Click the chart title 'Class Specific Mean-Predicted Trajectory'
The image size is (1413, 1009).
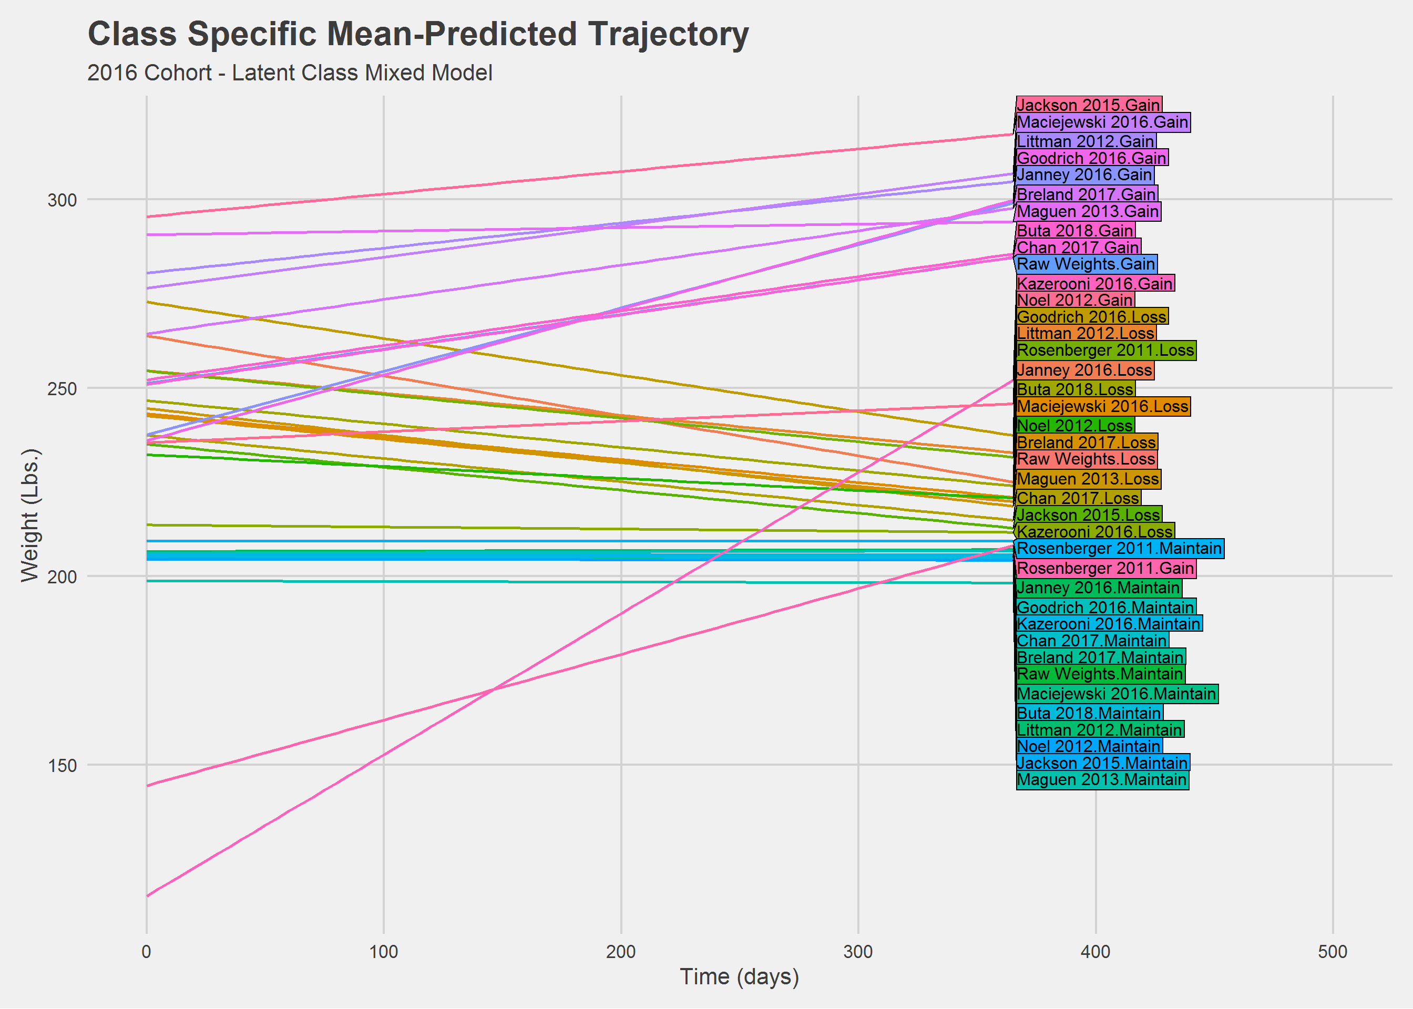(418, 34)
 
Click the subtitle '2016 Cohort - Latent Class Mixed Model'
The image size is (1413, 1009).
(290, 74)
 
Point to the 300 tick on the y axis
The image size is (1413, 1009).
(62, 200)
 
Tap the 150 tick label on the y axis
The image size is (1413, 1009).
(62, 766)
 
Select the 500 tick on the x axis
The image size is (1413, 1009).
(1333, 952)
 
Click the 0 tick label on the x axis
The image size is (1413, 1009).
(147, 952)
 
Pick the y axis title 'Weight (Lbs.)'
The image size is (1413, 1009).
(30, 516)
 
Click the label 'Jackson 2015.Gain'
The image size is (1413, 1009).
(1089, 105)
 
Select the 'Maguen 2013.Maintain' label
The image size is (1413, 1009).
(1102, 780)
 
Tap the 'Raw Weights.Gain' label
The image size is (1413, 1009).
(1087, 264)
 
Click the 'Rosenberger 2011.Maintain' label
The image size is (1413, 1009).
(1120, 549)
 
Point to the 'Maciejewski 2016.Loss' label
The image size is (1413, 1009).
(1103, 407)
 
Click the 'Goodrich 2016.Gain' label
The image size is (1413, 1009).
(1092, 158)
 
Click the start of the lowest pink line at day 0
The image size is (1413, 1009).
(147, 896)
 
